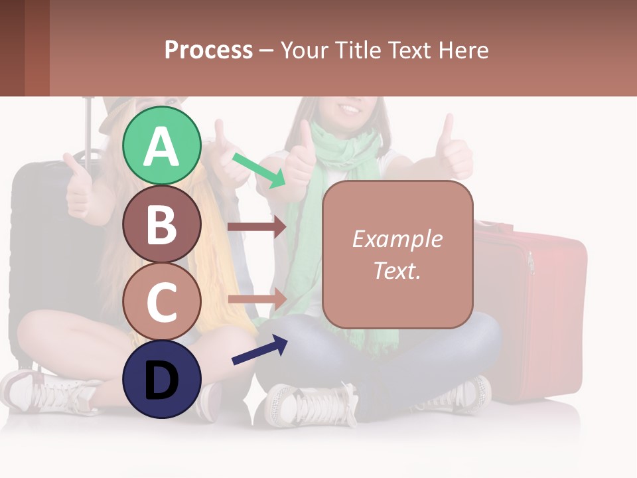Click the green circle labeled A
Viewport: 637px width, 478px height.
(161, 145)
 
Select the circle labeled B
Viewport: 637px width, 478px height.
(161, 224)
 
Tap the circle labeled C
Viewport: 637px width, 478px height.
(161, 301)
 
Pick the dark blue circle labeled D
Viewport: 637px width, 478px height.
(161, 378)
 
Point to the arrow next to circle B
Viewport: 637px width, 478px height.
(256, 227)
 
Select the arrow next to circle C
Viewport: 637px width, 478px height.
(256, 299)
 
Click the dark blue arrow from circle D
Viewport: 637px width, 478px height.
(259, 351)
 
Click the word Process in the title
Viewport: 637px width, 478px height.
(208, 50)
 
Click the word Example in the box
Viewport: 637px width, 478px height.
(397, 239)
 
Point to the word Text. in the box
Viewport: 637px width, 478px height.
(397, 270)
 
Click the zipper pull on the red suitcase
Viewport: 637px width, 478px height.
(531, 262)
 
